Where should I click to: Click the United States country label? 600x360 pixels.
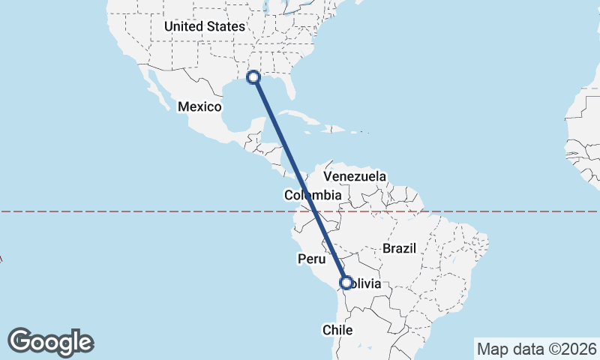(205, 26)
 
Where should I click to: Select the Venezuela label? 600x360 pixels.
(355, 176)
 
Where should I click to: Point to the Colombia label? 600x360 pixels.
(313, 196)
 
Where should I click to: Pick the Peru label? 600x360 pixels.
(310, 259)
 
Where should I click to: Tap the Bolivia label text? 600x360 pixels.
(367, 283)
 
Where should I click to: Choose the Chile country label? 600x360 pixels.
(337, 329)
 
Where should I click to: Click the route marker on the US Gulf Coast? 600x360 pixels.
(253, 76)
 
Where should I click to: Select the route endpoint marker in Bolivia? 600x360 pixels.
(346, 283)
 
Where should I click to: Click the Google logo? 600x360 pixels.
(50, 342)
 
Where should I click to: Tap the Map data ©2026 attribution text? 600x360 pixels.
(537, 349)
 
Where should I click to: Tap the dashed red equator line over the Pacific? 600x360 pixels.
(112, 211)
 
